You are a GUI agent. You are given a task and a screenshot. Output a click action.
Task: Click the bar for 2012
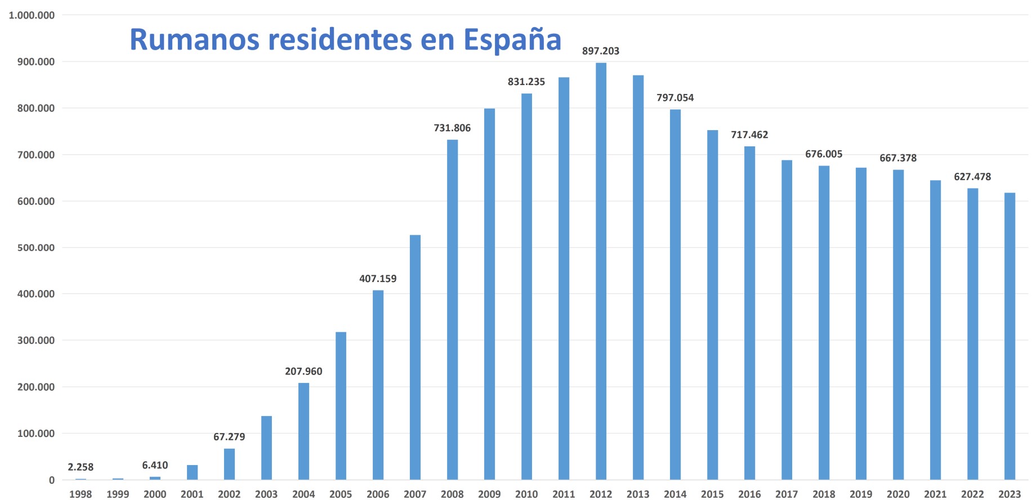(601, 270)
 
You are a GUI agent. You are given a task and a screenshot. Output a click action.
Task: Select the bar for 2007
(415, 357)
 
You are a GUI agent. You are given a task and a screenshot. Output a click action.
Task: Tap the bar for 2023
(1009, 336)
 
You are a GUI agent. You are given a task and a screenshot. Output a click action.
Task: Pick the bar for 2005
(341, 405)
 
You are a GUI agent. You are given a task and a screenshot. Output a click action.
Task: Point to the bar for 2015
(712, 305)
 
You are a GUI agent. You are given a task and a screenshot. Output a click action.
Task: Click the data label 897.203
(601, 51)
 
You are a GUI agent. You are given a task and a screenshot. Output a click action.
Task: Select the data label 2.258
(81, 467)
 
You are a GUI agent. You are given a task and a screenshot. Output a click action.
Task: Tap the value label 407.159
(378, 279)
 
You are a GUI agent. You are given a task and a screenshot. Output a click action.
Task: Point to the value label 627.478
(972, 177)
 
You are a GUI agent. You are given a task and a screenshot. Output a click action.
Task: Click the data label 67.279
(229, 437)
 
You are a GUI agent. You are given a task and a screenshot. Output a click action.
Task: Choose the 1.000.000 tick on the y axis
(32, 16)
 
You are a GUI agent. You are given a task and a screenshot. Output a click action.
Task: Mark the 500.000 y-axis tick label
(36, 248)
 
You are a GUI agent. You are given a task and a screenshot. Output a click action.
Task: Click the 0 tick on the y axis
(52, 480)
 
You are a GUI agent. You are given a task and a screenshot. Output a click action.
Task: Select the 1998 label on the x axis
(81, 494)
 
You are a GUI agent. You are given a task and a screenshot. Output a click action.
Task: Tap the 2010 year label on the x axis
(526, 494)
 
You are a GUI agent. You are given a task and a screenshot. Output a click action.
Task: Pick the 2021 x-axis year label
(935, 494)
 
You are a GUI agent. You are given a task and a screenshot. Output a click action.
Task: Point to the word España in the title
(512, 40)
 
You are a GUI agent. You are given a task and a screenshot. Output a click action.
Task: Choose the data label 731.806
(452, 128)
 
